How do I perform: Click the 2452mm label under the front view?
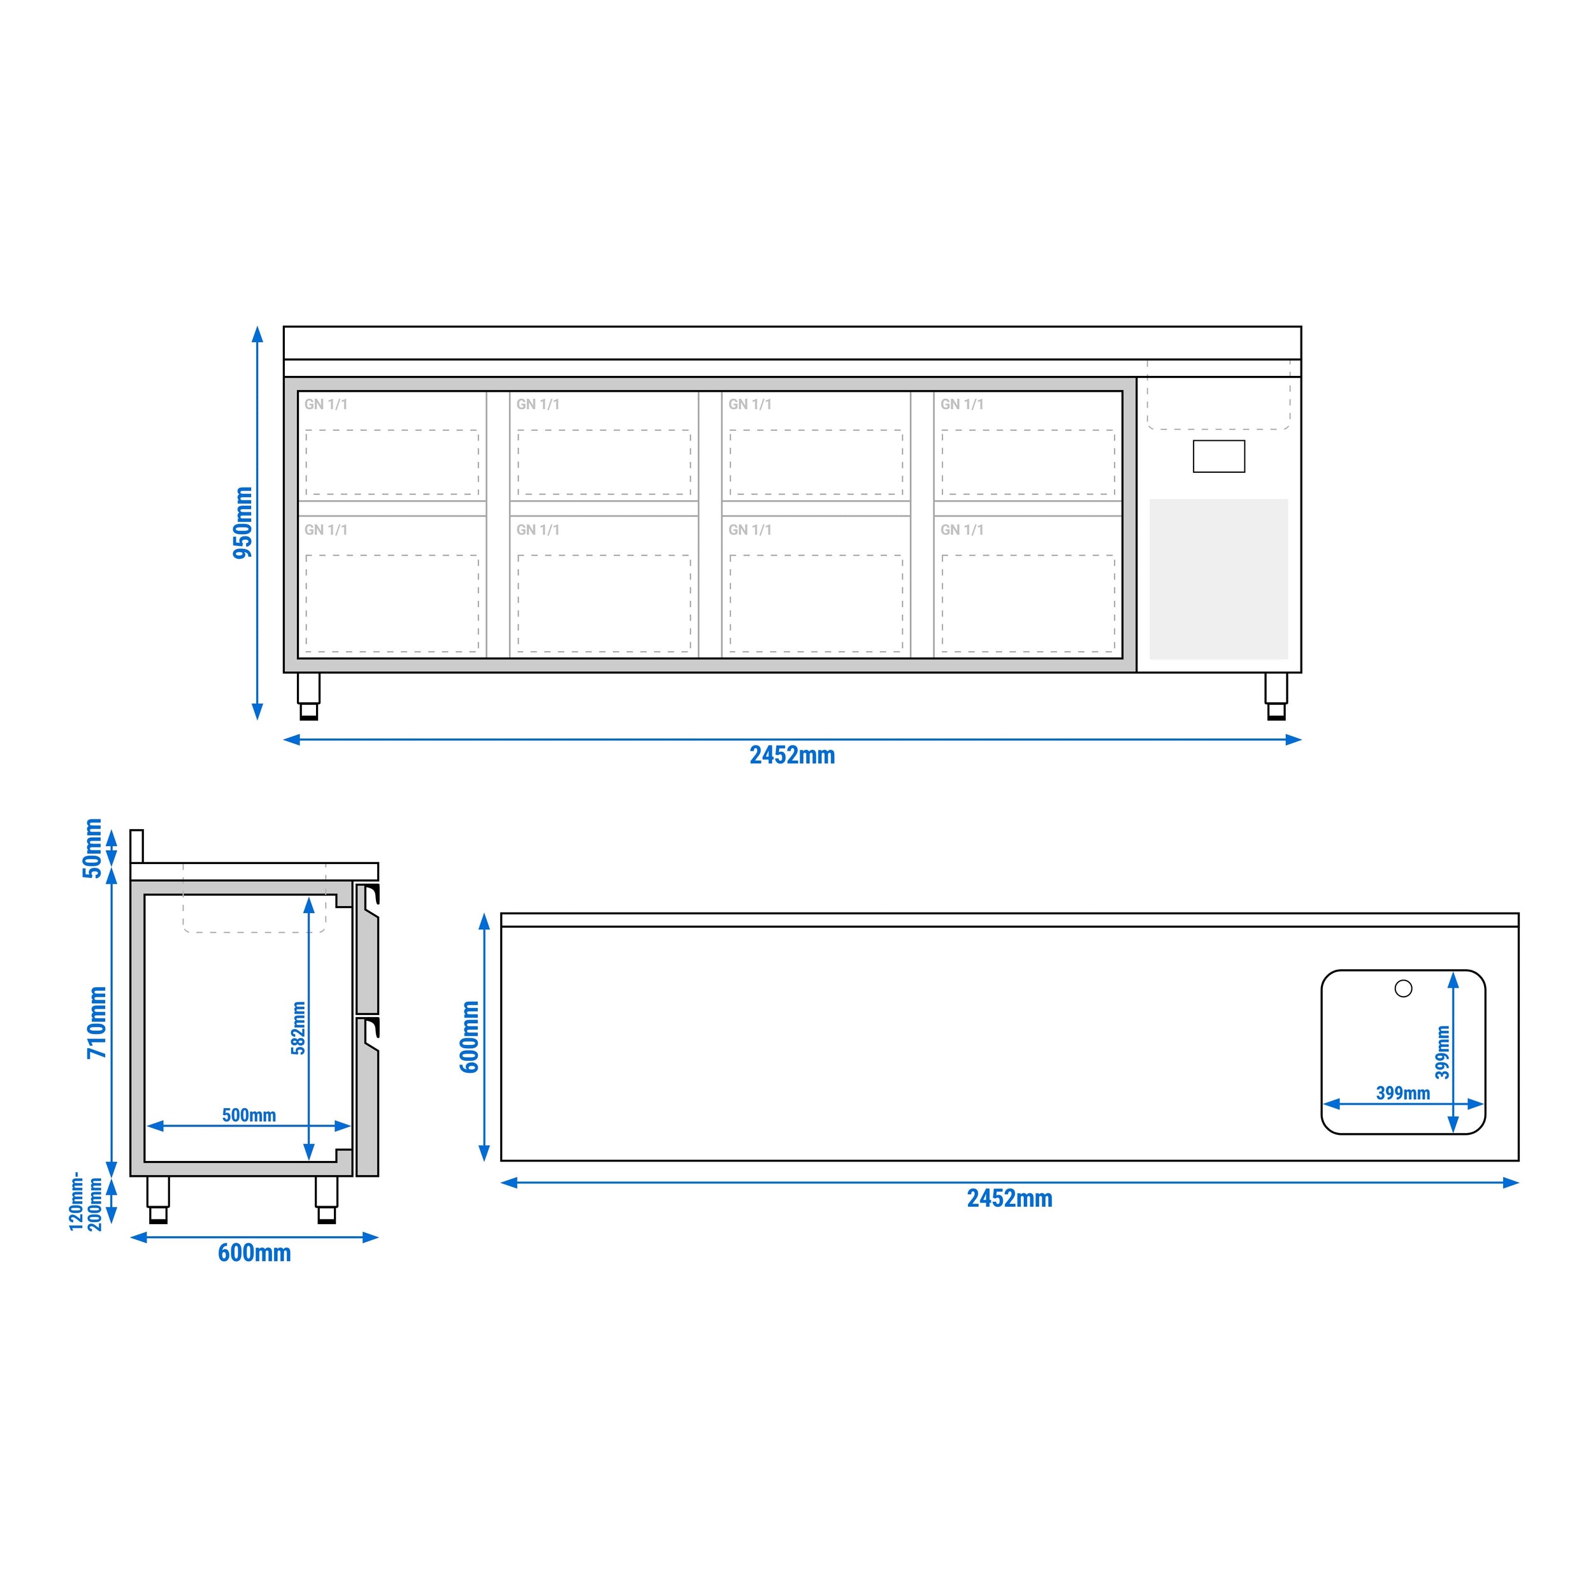point(791,755)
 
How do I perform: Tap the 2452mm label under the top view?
point(1009,1198)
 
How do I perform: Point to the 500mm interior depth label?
point(249,1114)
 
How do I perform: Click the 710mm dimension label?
point(97,1023)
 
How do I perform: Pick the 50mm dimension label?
point(92,849)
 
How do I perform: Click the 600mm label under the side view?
point(254,1253)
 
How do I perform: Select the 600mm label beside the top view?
point(470,1037)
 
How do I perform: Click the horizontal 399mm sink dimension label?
point(1402,1093)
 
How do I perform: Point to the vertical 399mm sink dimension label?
point(1442,1051)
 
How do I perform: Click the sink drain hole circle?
point(1403,988)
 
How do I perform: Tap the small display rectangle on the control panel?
point(1219,456)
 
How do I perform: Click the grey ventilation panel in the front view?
point(1219,579)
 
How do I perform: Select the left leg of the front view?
point(308,696)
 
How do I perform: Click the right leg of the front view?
point(1276,696)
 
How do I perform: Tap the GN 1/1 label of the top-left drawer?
point(326,405)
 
